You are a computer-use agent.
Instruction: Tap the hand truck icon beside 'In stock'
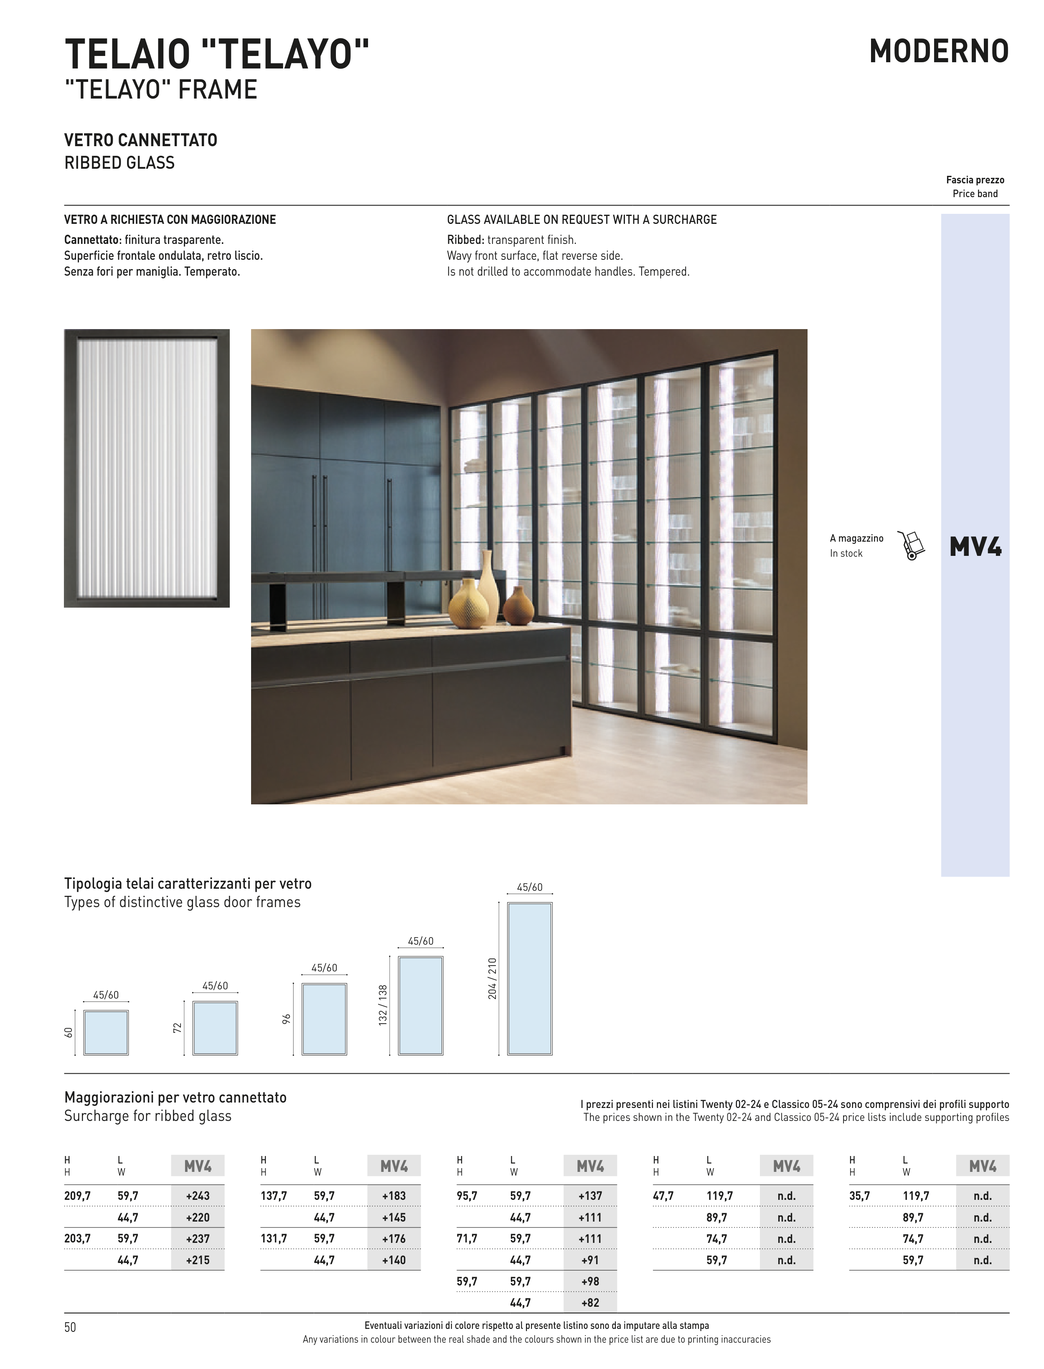click(911, 545)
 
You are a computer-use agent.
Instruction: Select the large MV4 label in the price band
click(975, 547)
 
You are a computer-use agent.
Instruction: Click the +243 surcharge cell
click(198, 1196)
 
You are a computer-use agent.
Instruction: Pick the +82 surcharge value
click(590, 1303)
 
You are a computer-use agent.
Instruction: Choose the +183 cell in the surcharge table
click(394, 1196)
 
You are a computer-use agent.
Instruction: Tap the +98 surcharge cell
click(590, 1281)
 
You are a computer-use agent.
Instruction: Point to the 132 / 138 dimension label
click(384, 1005)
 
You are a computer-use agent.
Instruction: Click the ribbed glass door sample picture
click(147, 468)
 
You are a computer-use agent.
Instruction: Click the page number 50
click(70, 1327)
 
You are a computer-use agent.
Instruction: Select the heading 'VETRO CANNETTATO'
click(141, 140)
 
